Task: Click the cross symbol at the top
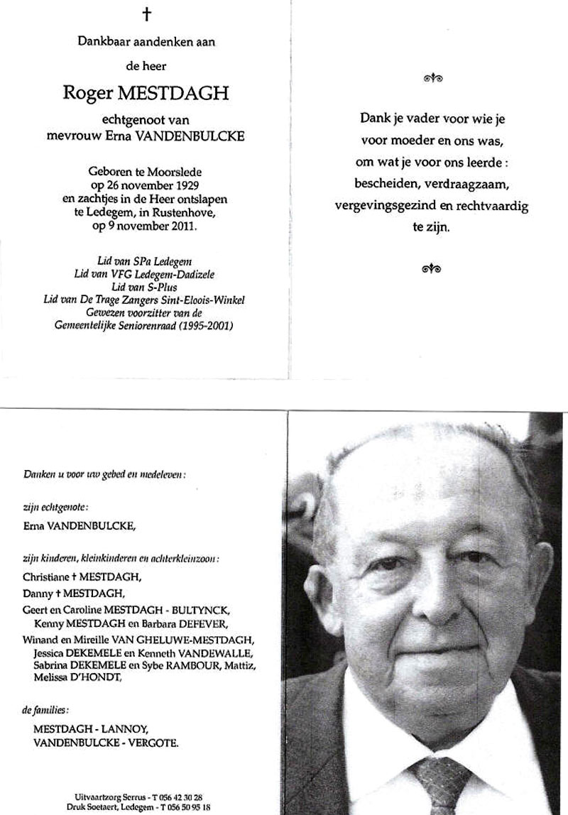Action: [146, 16]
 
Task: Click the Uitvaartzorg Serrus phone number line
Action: [143, 797]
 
